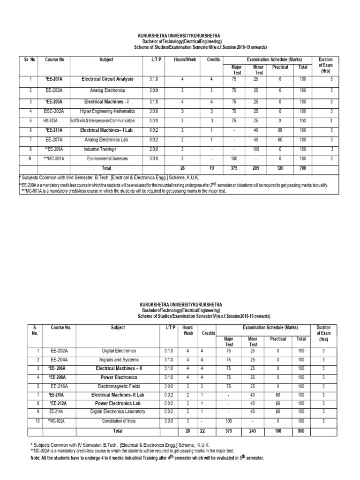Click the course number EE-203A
tap(55, 90)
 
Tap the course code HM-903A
tap(55, 120)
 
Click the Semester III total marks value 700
tap(302, 168)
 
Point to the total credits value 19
tap(211, 168)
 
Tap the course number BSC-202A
tap(55, 111)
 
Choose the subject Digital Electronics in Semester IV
tap(119, 350)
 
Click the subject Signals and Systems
tap(119, 360)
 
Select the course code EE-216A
tap(60, 386)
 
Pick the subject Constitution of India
tap(119, 421)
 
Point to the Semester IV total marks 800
tap(301, 430)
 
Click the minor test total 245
tap(252, 430)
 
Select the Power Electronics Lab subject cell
tap(118, 403)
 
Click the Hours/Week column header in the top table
tap(185, 60)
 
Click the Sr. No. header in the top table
tap(30, 60)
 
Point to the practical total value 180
tap(278, 430)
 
